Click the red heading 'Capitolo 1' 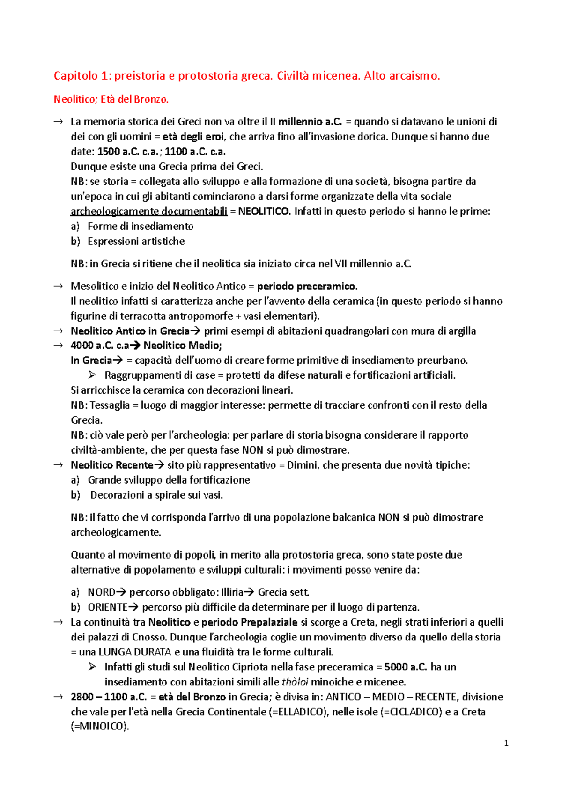tap(82, 75)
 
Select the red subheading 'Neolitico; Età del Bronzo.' tap(111, 99)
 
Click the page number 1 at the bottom tap(506, 743)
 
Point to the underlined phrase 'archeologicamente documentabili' tap(148, 212)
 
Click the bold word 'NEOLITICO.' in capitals tap(264, 212)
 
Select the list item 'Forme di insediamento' tap(140, 227)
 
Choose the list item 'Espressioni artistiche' tap(136, 242)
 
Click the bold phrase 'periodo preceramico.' tap(307, 286)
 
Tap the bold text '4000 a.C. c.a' tap(99, 346)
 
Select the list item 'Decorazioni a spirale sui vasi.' tap(156, 495)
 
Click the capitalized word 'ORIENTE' tap(108, 607)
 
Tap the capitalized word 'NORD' tap(101, 592)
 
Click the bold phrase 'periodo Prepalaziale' tap(250, 622)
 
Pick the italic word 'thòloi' tap(295, 682)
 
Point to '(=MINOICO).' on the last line tap(99, 727)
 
